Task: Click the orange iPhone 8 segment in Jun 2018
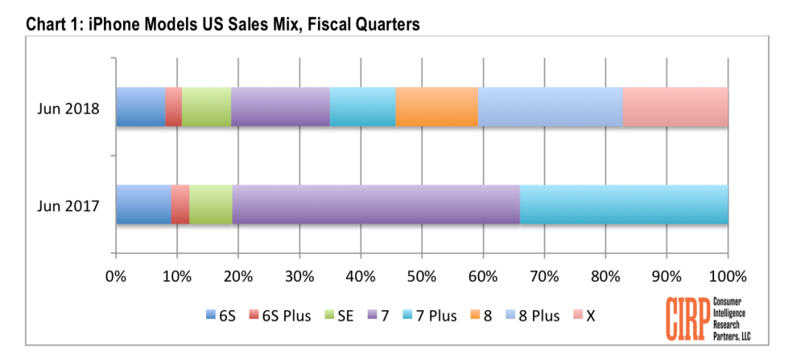(x=436, y=107)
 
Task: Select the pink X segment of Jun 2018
(x=675, y=107)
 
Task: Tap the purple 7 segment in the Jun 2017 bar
(x=376, y=205)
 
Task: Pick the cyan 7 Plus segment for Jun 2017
(x=624, y=205)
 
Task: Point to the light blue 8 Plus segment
(x=550, y=107)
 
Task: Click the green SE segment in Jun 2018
(x=206, y=107)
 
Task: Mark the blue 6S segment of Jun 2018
(x=140, y=107)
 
